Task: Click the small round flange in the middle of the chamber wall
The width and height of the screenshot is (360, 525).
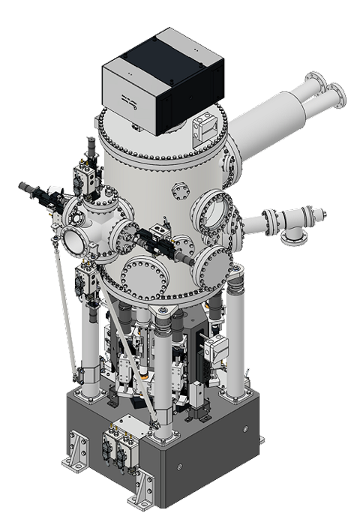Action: (181, 192)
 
